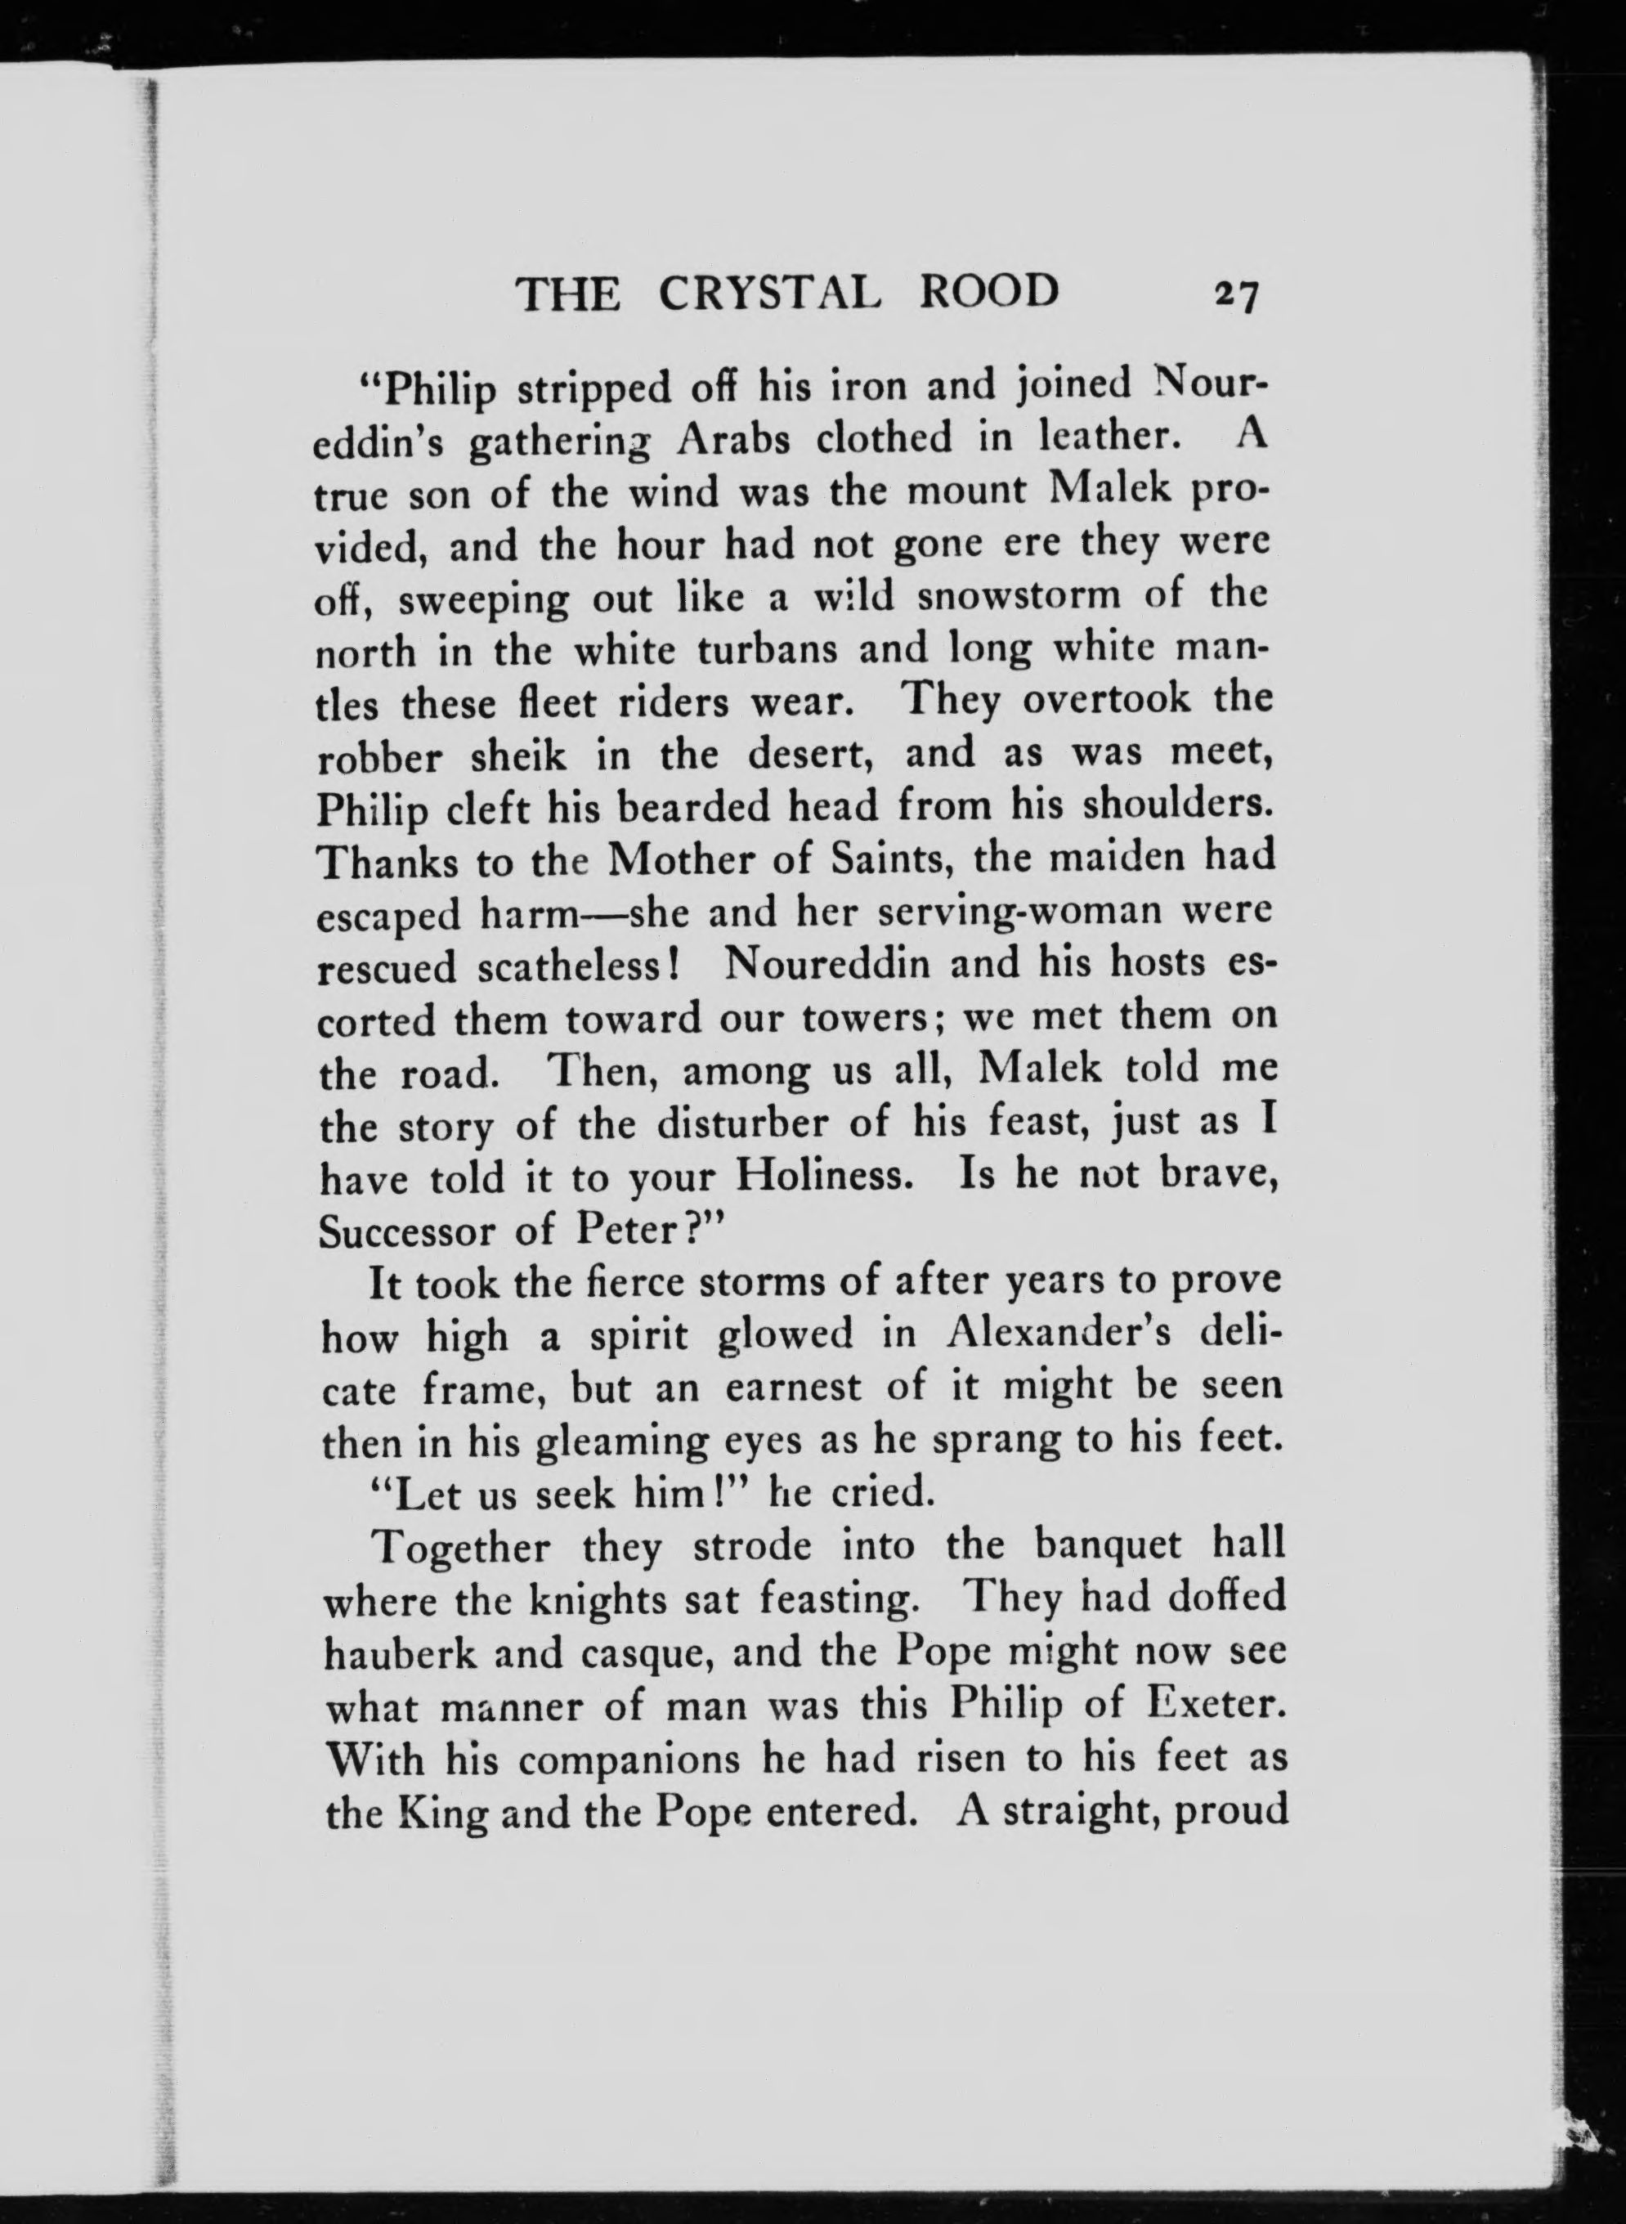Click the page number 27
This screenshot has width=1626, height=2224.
pyautogui.click(x=1237, y=294)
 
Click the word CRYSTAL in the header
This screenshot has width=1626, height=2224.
pyautogui.click(x=767, y=294)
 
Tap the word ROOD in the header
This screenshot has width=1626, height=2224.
pyautogui.click(x=989, y=293)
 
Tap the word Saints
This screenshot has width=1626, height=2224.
pyautogui.click(x=888, y=860)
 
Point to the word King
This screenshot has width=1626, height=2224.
pyautogui.click(x=444, y=1814)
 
